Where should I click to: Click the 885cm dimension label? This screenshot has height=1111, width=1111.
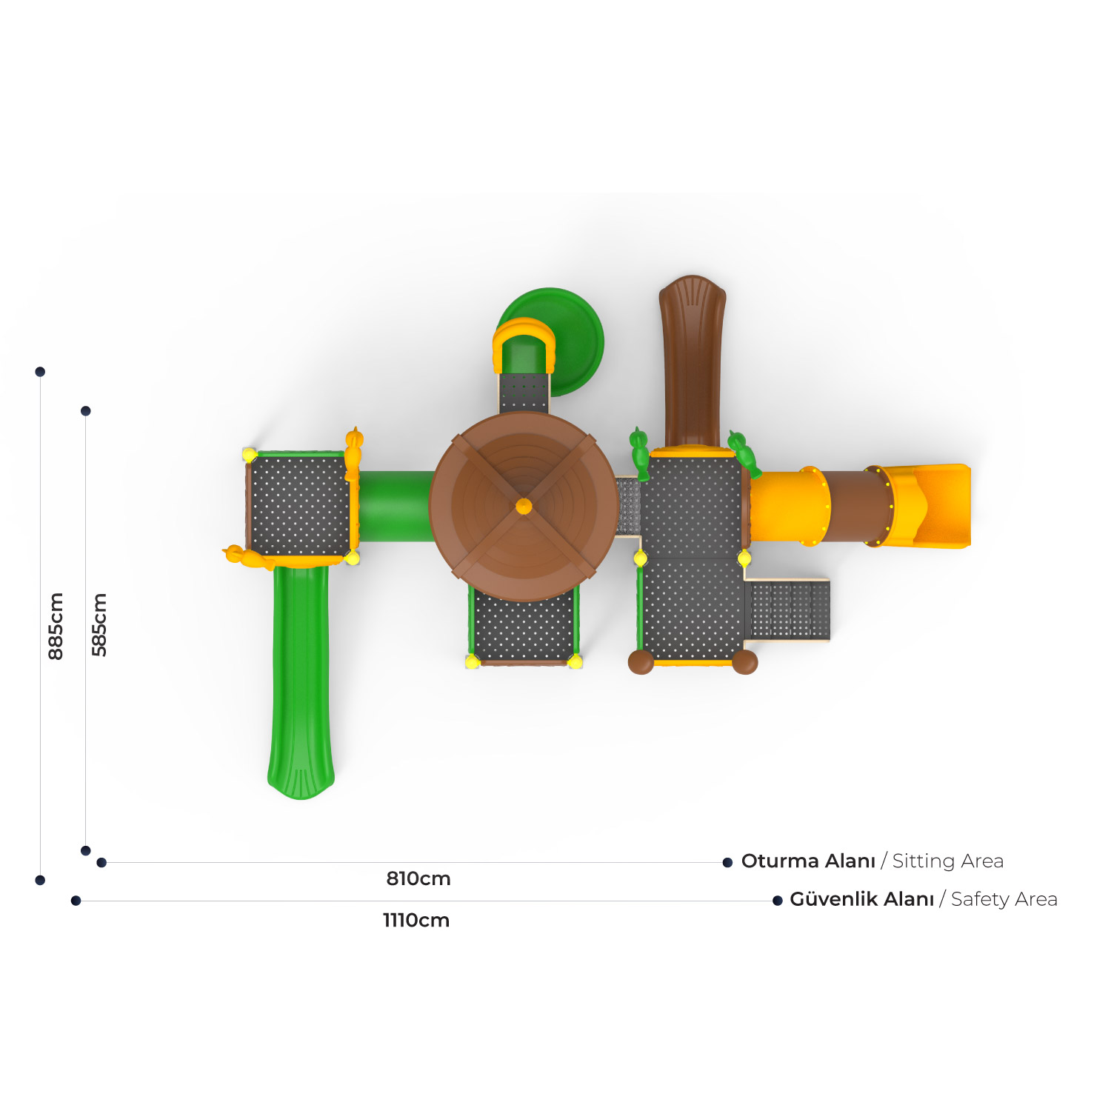click(x=56, y=626)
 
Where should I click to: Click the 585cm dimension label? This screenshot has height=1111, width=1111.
click(x=99, y=624)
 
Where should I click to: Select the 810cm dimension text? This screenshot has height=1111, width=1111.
click(x=418, y=878)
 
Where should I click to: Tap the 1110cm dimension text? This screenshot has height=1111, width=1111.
click(x=416, y=920)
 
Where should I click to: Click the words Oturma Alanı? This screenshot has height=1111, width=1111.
click(x=808, y=861)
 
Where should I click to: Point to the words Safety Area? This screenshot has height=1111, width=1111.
click(x=1004, y=899)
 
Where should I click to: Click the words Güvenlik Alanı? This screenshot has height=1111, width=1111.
click(x=861, y=899)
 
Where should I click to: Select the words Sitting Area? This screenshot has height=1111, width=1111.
click(x=947, y=861)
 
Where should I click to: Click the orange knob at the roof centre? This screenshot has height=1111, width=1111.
click(x=524, y=507)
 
